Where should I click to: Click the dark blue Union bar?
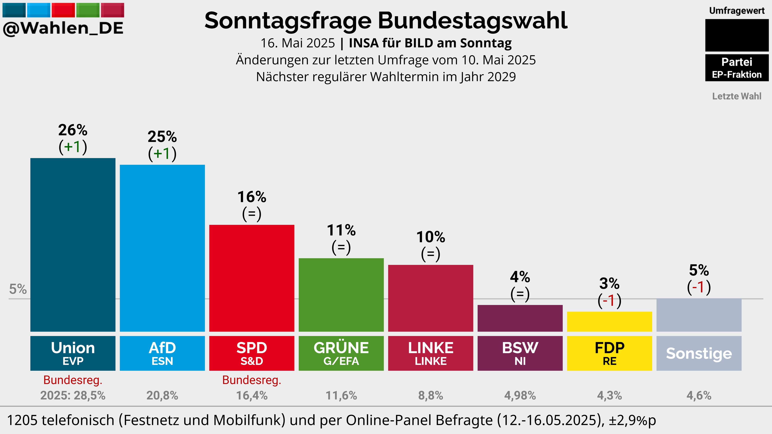[x=73, y=245]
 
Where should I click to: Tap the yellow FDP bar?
[x=609, y=321]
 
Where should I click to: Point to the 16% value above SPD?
[x=252, y=197]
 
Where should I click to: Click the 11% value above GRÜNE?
[x=341, y=230]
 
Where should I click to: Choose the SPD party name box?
[x=252, y=353]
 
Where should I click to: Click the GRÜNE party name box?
[x=341, y=353]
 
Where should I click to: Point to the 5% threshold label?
[x=18, y=289]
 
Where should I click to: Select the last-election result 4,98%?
[x=520, y=395]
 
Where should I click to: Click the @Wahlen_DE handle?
[x=63, y=28]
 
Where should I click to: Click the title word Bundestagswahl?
[x=472, y=21]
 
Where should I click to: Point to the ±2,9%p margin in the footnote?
[x=632, y=420]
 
